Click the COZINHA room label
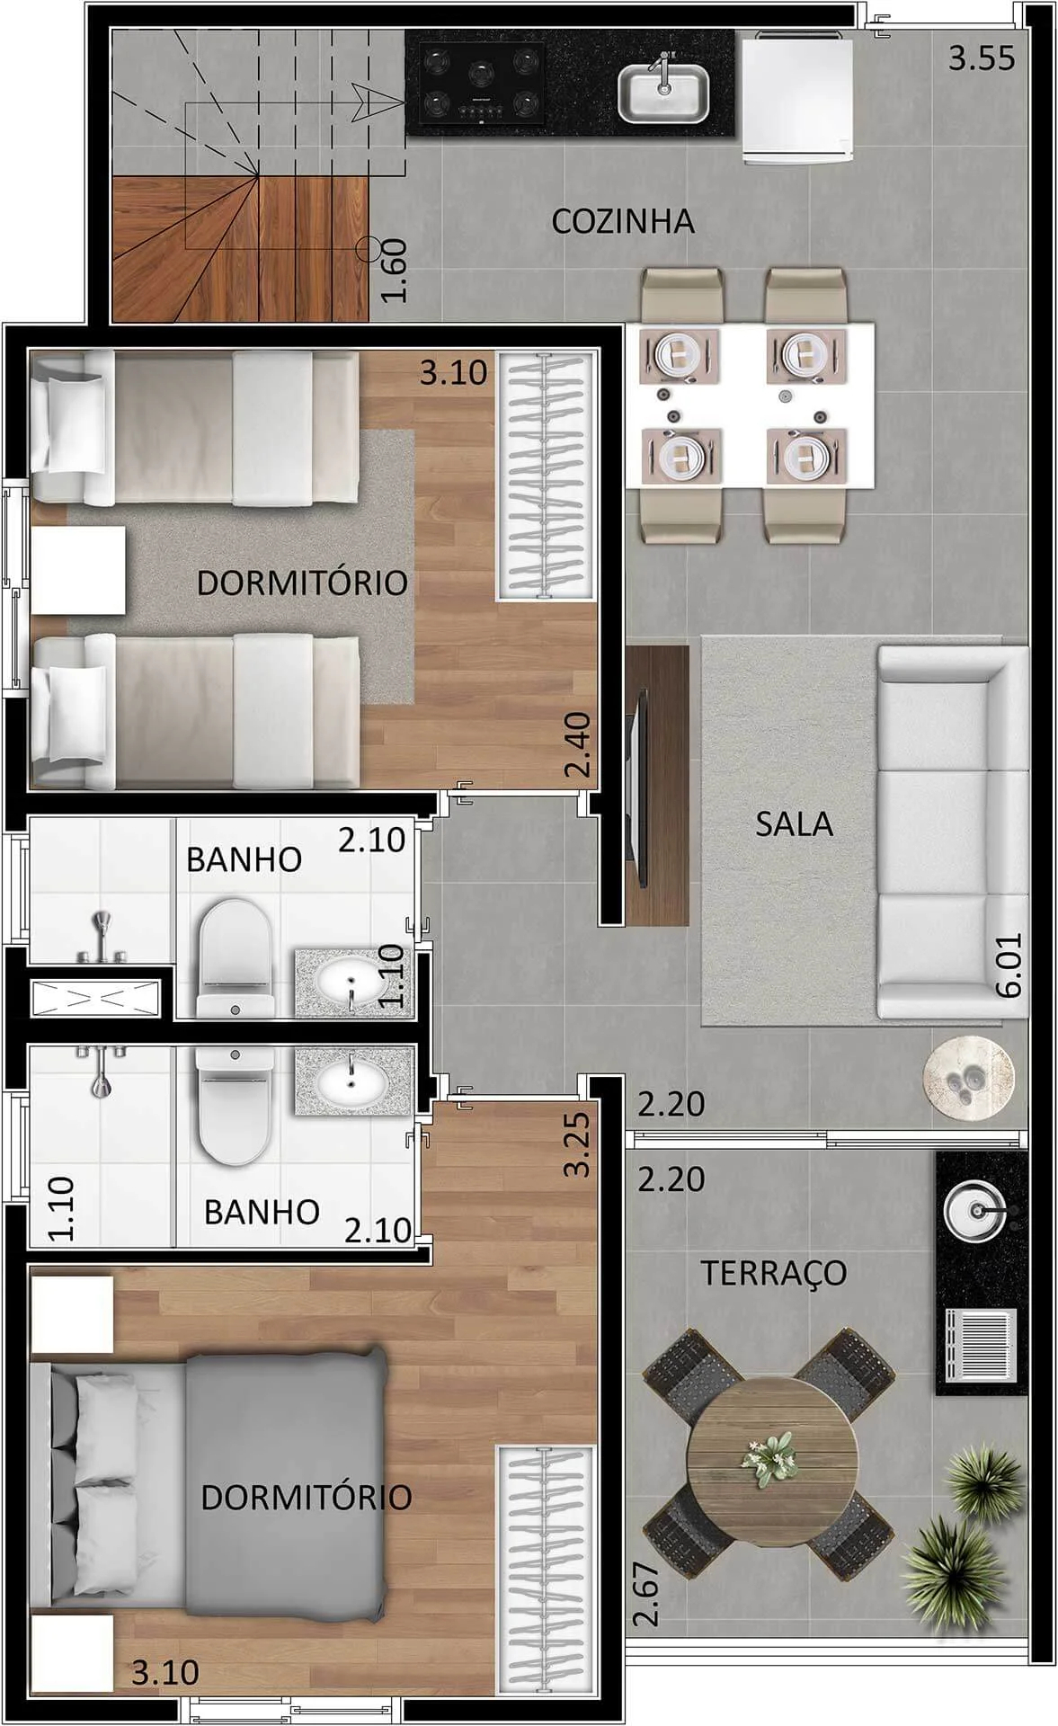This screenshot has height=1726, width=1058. pyautogui.click(x=622, y=221)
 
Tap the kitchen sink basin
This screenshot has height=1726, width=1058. pyautogui.click(x=663, y=94)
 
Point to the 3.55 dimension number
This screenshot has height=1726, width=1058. pyautogui.click(x=982, y=58)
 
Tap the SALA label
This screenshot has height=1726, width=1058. pyautogui.click(x=794, y=823)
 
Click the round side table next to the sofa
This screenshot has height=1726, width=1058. pyautogui.click(x=968, y=1078)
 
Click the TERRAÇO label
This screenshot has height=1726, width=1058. pyautogui.click(x=773, y=1273)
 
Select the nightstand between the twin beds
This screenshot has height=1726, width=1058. pyautogui.click(x=78, y=570)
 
